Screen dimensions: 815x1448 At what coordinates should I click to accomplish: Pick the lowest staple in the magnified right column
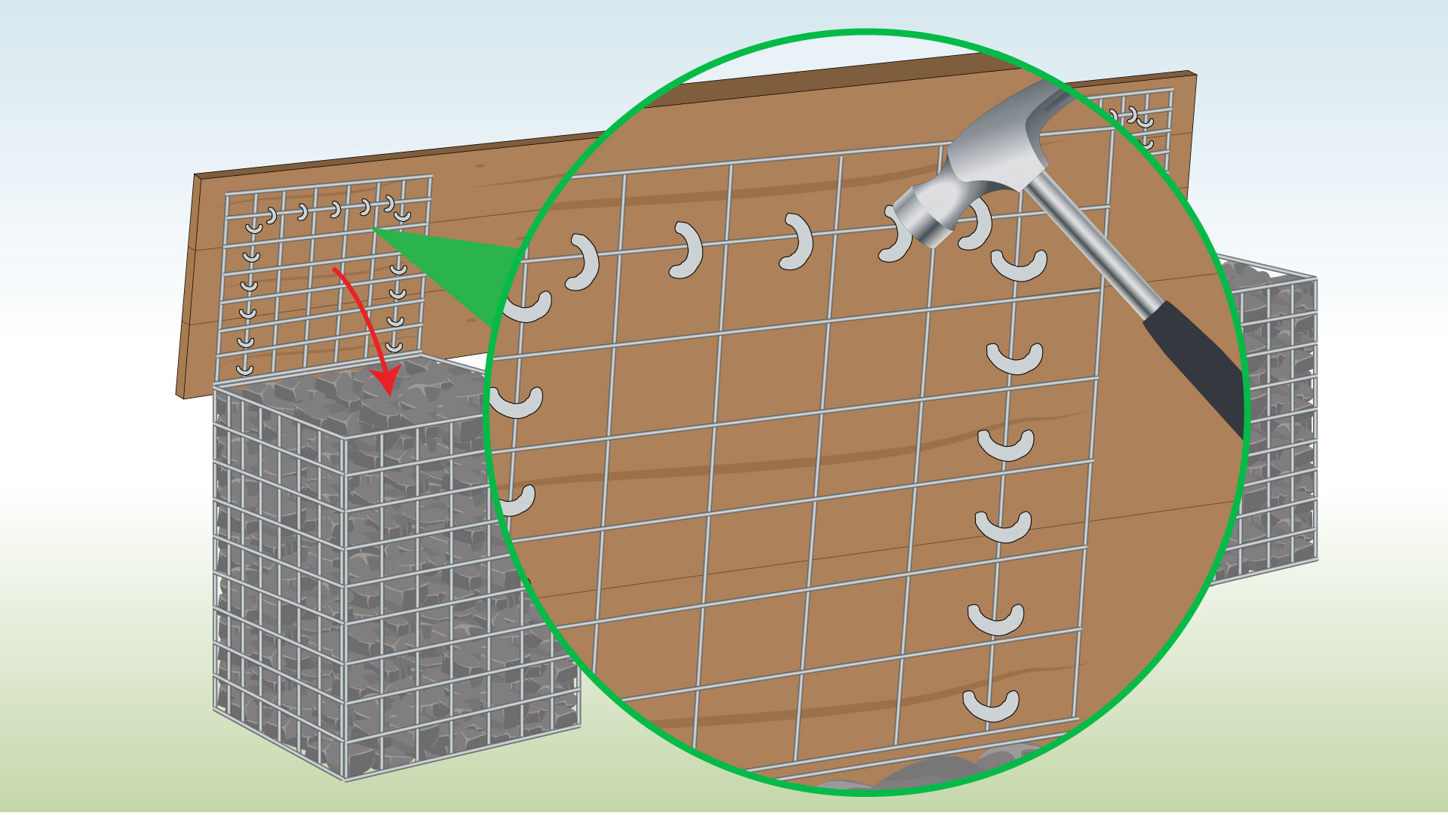point(991,705)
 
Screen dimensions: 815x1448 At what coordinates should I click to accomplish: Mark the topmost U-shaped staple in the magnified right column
point(1019,265)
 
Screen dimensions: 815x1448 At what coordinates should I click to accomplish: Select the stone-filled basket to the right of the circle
point(1275,423)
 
